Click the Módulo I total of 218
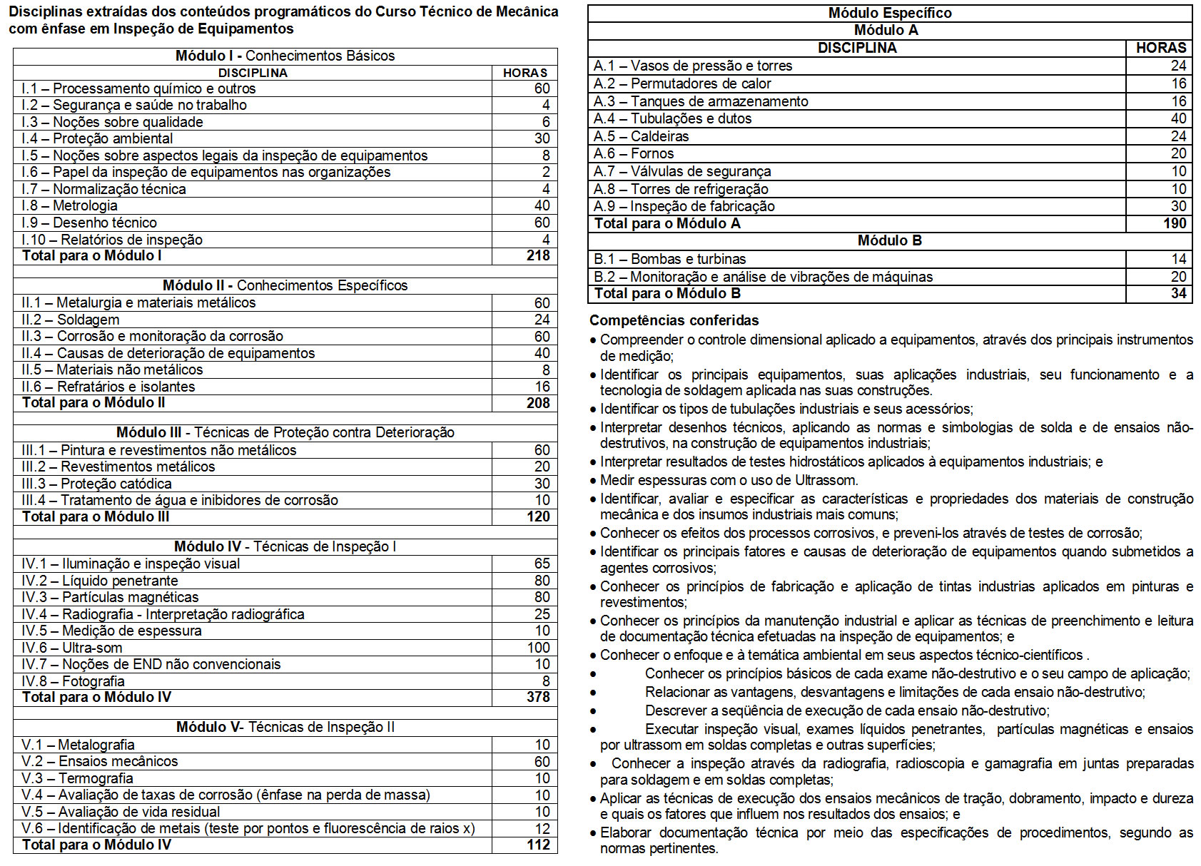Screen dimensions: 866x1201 pyautogui.click(x=537, y=256)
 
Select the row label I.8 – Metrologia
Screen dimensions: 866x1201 pyautogui.click(x=69, y=206)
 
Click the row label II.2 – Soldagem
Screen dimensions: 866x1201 pyautogui.click(x=70, y=320)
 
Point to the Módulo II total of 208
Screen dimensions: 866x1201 pyautogui.click(x=537, y=403)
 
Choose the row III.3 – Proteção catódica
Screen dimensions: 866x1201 pyautogui.click(x=96, y=484)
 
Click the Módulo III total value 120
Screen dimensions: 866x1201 pyautogui.click(x=537, y=517)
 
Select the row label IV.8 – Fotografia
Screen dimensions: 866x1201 pyautogui.click(x=73, y=681)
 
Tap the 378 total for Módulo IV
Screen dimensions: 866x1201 pyautogui.click(x=537, y=698)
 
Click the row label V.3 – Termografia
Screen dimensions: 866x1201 pyautogui.click(x=77, y=778)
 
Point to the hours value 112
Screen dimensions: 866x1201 pyautogui.click(x=537, y=845)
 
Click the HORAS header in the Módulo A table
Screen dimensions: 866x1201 pyautogui.click(x=1160, y=48)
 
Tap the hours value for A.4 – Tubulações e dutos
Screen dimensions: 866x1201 pyautogui.click(x=1178, y=118)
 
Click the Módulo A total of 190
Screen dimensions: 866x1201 pyautogui.click(x=1174, y=223)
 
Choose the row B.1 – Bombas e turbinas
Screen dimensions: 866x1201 pyautogui.click(x=669, y=259)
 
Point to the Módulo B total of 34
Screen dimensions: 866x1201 pyautogui.click(x=1178, y=293)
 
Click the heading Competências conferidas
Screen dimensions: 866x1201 pyautogui.click(x=674, y=320)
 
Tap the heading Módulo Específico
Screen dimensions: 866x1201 pyautogui.click(x=889, y=13)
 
